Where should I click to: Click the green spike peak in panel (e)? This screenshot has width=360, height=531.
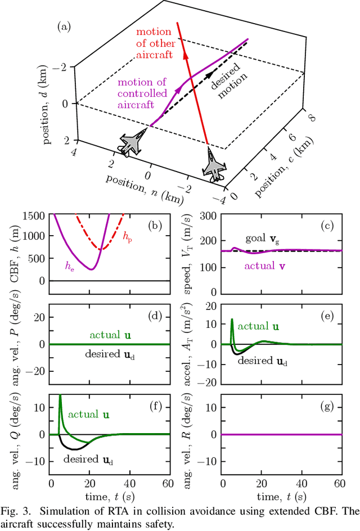click(232, 319)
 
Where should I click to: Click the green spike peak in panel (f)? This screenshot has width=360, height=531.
click(60, 396)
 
